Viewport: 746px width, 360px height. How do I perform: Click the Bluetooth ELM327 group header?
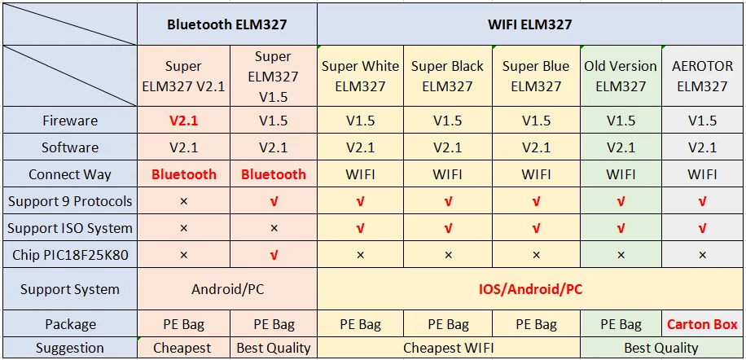[227, 24]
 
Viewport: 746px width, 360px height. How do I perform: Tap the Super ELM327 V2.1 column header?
[183, 76]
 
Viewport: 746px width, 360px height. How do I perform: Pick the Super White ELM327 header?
[360, 76]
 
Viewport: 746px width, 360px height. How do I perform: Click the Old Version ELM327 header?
[621, 76]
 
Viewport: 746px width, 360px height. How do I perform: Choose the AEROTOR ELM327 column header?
[702, 76]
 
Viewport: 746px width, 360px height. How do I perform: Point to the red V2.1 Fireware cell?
[183, 121]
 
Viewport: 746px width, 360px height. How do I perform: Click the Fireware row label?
[70, 121]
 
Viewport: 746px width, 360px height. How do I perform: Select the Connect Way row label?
[70, 174]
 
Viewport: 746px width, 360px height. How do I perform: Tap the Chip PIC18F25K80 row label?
[70, 255]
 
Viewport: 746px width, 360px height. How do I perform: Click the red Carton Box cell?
[702, 324]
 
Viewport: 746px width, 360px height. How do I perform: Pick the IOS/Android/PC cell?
[529, 289]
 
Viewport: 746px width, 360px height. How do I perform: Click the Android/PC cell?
[227, 289]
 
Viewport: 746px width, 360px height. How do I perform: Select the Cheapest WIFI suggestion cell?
[448, 348]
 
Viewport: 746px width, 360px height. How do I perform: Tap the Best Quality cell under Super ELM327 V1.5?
[274, 348]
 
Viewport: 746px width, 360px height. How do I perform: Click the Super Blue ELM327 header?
[536, 76]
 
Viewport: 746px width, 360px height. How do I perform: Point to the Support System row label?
[70, 289]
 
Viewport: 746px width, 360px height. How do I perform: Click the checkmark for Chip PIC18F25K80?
[274, 255]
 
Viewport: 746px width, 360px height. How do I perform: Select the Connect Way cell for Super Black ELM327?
[447, 174]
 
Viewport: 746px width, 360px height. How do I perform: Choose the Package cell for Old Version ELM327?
[621, 324]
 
